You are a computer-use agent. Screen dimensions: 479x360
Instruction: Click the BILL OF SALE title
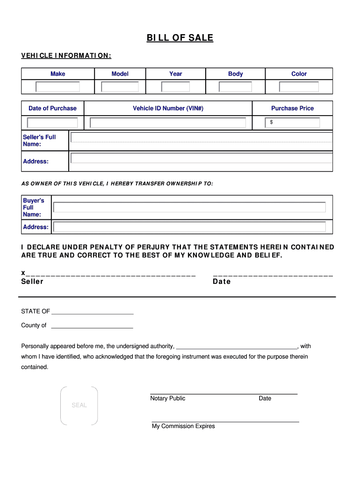coord(180,38)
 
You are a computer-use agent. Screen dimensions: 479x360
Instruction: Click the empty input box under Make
coord(58,87)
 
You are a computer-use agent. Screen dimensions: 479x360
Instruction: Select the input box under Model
coord(120,87)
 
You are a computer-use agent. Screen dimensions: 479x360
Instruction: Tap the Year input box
coord(176,87)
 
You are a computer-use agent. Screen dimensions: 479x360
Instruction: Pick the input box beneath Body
coord(236,87)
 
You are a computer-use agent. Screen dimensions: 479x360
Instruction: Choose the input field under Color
coord(299,87)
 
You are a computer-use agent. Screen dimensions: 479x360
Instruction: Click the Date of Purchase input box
coord(52,123)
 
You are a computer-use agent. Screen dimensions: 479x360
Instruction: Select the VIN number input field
coord(168,123)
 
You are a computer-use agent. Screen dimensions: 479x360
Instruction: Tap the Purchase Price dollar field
coord(293,123)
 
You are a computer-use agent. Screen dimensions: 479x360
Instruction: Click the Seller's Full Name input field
coord(201,137)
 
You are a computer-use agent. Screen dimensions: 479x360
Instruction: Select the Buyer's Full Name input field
coord(189,207)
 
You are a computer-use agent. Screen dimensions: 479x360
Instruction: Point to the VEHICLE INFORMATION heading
coord(66,56)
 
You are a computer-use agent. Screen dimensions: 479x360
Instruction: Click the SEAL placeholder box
coord(79,406)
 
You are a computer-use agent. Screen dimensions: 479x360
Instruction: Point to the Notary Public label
coord(168,399)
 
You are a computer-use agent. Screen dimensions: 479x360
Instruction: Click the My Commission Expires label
coord(183,426)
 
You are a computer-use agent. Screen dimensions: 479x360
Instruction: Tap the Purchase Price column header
coord(293,108)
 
